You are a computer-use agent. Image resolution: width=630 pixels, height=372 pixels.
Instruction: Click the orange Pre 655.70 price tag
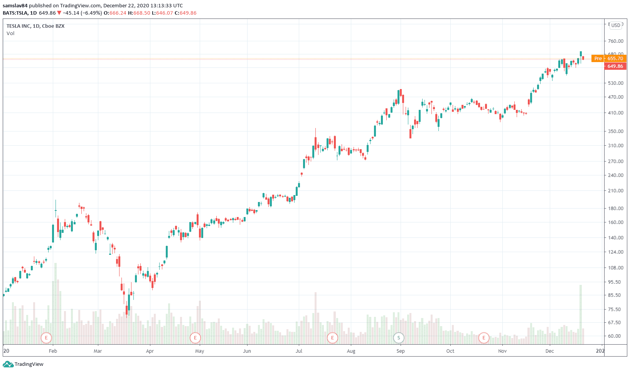(609, 59)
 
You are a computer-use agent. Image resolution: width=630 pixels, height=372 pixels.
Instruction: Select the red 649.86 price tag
(615, 66)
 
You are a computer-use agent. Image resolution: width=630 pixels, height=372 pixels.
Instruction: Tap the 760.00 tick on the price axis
(615, 41)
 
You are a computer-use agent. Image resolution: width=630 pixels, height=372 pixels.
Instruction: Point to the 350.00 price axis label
(615, 131)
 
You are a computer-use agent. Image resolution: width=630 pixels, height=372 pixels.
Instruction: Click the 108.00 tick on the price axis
(615, 268)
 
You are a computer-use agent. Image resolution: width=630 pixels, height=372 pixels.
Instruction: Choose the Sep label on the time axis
(401, 351)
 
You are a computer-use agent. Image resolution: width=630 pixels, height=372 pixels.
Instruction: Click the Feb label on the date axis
(53, 351)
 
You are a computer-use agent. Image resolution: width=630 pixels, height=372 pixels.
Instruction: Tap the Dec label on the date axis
(549, 351)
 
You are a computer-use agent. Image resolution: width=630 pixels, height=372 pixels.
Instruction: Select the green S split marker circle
(399, 338)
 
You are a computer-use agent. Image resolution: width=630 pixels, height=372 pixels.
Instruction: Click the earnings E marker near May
(195, 338)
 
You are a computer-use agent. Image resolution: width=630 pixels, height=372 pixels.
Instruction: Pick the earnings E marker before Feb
(46, 338)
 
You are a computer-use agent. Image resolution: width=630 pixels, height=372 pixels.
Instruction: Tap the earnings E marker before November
(483, 338)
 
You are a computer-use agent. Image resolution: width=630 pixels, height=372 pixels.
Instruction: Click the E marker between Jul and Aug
(332, 338)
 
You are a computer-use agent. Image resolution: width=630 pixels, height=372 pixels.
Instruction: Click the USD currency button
(616, 25)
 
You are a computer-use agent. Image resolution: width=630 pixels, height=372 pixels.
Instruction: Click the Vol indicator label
(10, 34)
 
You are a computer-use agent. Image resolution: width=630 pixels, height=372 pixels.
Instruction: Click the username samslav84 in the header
(15, 6)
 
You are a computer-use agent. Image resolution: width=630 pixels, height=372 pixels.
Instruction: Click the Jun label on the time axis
(247, 351)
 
